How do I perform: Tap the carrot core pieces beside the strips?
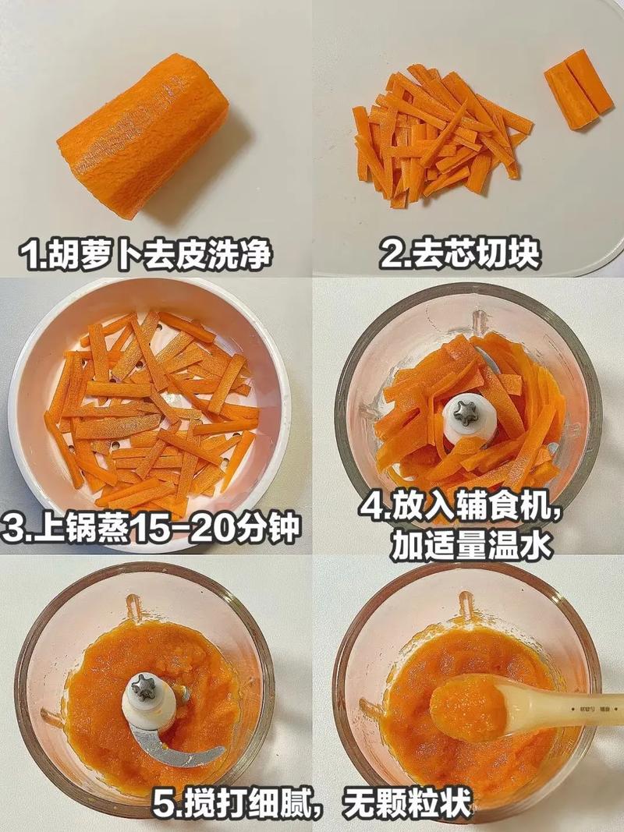[x=579, y=89]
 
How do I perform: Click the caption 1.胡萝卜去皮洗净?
[x=148, y=254]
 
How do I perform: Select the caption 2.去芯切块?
[x=460, y=254]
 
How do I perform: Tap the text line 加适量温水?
[x=472, y=546]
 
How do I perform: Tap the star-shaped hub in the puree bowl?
[x=144, y=687]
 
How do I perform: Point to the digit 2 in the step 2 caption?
[x=390, y=255]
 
